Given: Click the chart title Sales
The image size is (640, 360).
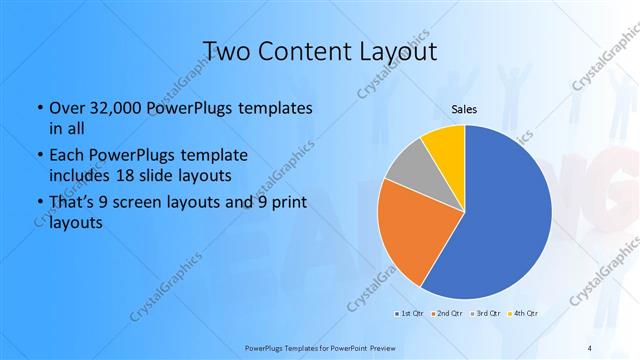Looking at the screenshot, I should [x=464, y=108].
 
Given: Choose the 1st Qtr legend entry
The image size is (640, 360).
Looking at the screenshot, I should [x=409, y=314].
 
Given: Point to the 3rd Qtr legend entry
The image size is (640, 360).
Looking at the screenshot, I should [x=485, y=314].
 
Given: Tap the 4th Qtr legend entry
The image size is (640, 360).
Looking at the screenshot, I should [x=523, y=314].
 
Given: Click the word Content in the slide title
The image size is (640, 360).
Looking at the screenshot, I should [x=304, y=51].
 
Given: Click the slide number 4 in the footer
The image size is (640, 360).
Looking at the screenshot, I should [x=590, y=346].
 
